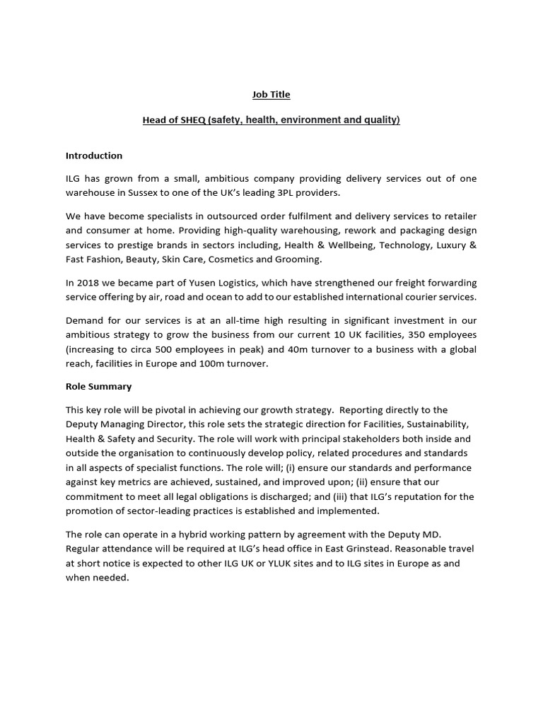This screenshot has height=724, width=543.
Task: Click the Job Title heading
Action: coord(271,94)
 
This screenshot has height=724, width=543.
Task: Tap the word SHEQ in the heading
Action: coord(192,120)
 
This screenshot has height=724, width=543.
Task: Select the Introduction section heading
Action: coord(94,156)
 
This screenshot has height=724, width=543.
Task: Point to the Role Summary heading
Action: coord(98,387)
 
